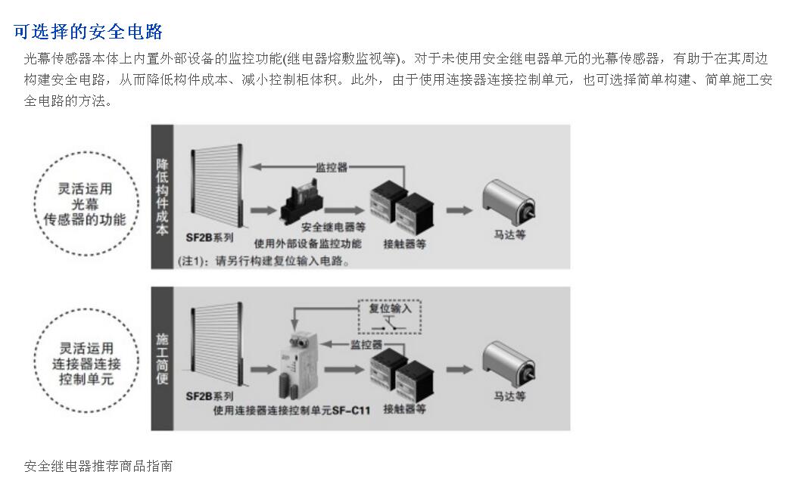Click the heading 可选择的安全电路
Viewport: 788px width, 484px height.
click(89, 32)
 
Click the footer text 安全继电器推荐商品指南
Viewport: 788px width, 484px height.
click(98, 466)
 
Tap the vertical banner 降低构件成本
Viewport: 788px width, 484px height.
click(162, 197)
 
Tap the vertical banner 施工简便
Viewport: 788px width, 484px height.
click(162, 358)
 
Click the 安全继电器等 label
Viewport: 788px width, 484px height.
click(333, 227)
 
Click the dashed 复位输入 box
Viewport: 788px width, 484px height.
click(389, 317)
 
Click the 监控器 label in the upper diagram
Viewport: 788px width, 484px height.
click(331, 167)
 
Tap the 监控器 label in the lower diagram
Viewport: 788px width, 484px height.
click(366, 345)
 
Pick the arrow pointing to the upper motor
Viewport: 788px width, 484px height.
click(459, 209)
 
